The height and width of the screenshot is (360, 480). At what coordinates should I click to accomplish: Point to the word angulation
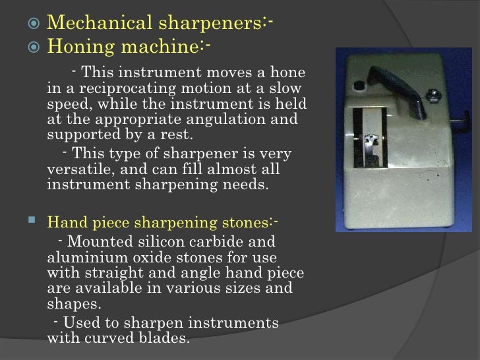tap(218, 119)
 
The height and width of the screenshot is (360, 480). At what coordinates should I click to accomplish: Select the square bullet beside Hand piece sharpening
tap(36, 223)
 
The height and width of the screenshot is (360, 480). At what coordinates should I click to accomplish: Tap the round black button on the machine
tap(360, 86)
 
